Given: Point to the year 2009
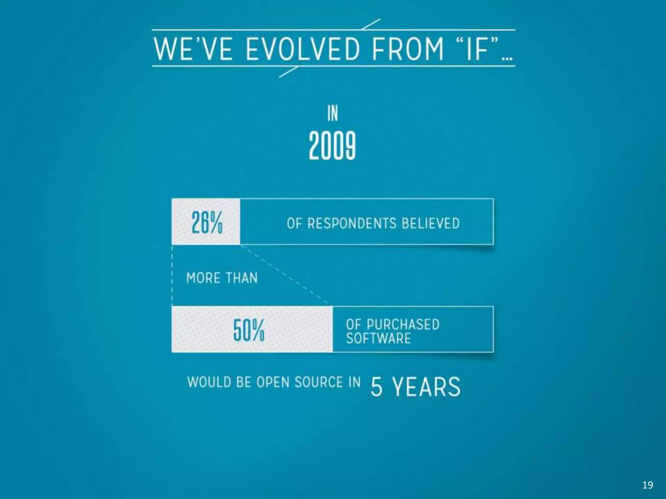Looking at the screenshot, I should point(332,146).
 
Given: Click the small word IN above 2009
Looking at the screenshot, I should point(332,113).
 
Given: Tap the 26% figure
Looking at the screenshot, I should point(207,222).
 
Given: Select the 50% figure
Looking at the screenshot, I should point(249,330).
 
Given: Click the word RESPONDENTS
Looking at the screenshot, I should point(352,224).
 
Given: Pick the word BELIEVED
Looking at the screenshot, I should point(431,224).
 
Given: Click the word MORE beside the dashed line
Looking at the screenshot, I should point(203,278).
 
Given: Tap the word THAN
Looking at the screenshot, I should point(241,278).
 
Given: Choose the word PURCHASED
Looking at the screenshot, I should point(403,324).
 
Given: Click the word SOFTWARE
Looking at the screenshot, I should point(379,338).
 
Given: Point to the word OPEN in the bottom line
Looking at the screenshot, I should point(273,382).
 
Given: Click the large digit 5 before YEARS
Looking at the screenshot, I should point(377,387).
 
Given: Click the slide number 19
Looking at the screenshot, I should point(647,485).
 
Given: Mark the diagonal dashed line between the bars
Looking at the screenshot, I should point(286,275).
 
